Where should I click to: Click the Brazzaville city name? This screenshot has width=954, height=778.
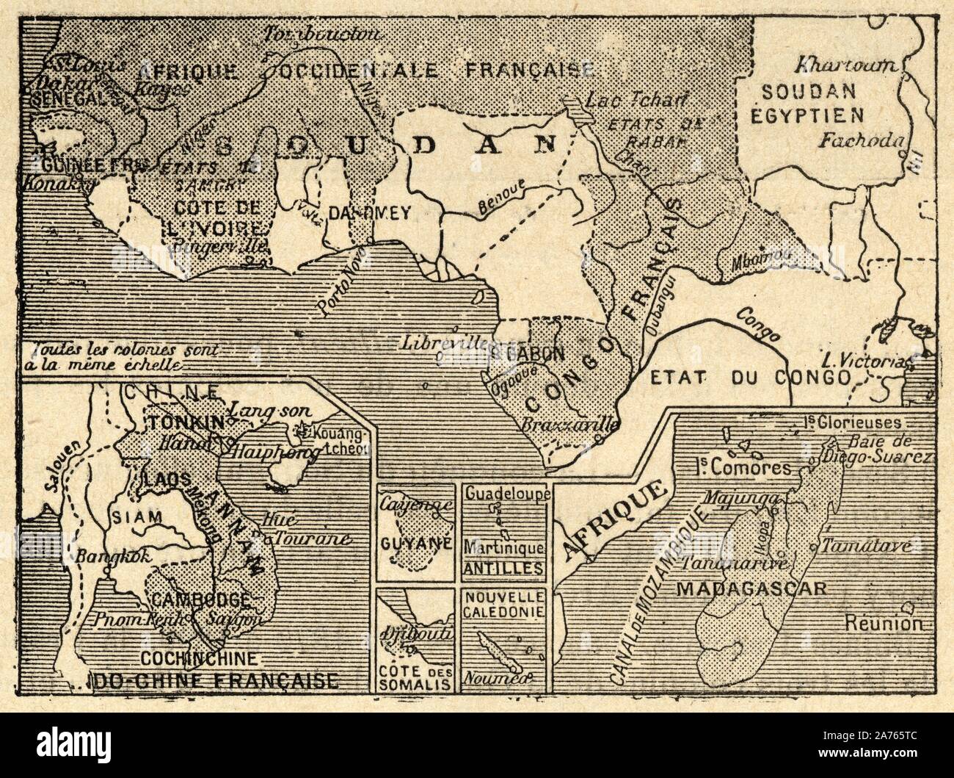(569, 425)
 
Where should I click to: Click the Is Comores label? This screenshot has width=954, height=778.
(743, 467)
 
